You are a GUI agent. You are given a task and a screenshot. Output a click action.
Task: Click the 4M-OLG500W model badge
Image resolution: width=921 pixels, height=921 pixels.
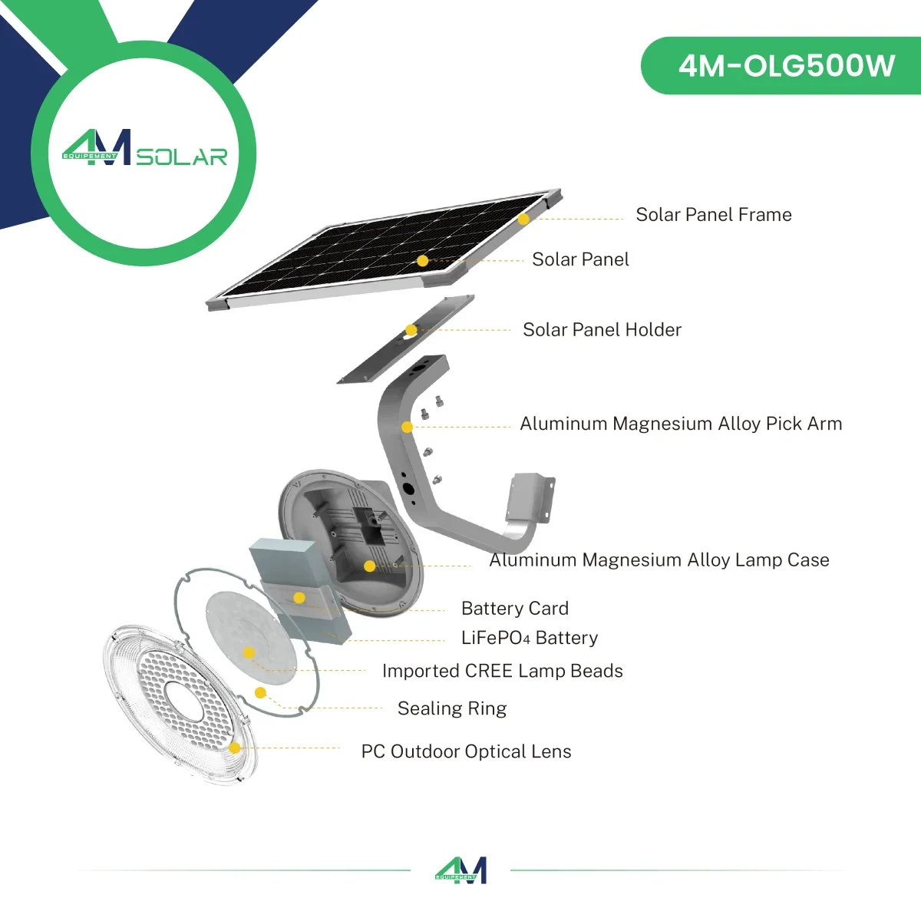(786, 66)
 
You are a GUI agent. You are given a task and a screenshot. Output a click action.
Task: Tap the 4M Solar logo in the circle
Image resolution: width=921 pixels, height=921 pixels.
(144, 149)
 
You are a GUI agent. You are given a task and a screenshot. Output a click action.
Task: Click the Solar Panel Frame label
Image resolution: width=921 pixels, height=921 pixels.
(713, 215)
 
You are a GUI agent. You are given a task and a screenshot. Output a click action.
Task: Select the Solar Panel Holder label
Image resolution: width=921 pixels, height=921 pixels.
(602, 330)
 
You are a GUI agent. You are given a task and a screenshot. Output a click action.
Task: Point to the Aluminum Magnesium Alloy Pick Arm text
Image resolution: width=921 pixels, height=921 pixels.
(681, 424)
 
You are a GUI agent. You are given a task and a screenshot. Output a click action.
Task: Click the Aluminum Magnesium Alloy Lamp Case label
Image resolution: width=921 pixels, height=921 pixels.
(659, 560)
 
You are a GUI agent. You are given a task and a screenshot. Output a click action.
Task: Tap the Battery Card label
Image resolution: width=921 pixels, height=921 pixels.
(515, 609)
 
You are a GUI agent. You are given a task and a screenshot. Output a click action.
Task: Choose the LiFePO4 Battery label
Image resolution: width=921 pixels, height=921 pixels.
(530, 638)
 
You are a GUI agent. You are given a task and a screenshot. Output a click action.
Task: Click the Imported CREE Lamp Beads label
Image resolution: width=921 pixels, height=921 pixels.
(503, 671)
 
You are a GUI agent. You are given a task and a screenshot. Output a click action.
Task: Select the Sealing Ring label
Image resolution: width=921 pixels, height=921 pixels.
(452, 708)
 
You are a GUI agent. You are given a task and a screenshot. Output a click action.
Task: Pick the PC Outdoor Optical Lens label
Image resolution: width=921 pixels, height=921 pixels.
(466, 751)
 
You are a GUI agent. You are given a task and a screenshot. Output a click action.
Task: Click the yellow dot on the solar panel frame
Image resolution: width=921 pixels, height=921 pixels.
(523, 219)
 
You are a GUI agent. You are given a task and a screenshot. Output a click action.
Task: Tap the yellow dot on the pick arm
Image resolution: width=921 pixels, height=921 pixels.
(408, 427)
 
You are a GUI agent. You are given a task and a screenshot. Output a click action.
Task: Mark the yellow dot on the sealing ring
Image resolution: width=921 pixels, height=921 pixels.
(260, 693)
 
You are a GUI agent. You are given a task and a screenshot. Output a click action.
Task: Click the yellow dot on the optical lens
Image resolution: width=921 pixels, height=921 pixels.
(235, 748)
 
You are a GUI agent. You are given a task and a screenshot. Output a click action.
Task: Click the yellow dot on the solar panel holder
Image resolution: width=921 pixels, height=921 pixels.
(411, 330)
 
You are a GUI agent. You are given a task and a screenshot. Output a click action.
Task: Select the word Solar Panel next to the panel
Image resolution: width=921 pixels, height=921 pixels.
(580, 259)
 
